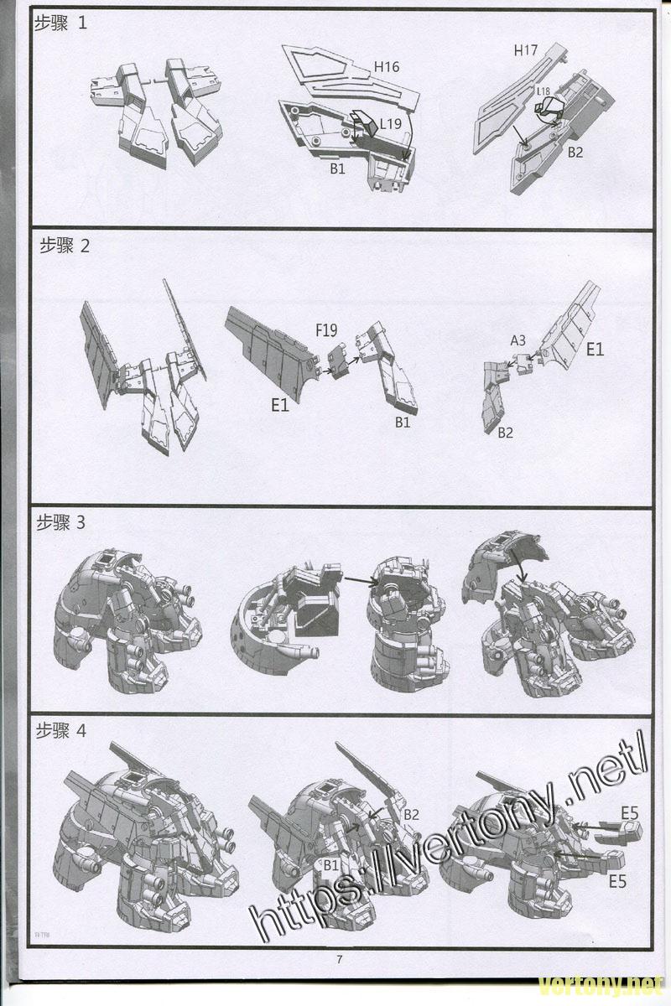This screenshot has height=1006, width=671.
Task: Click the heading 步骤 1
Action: point(60,24)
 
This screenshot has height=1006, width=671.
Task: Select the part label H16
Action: point(387,67)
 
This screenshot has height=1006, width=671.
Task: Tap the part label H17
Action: point(526,50)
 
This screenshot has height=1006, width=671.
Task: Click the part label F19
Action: point(328,330)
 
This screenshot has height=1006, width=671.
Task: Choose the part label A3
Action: point(518,340)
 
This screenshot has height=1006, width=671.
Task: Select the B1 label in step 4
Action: point(330,864)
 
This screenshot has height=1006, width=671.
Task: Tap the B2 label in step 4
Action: point(412,815)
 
